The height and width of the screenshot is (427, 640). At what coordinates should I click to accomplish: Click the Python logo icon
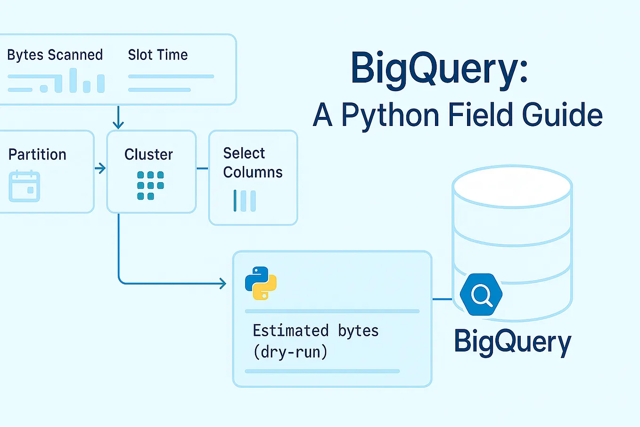261,283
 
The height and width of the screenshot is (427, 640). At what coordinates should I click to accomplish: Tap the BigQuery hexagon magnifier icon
481,295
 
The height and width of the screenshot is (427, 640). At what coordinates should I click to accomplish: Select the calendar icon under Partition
25,186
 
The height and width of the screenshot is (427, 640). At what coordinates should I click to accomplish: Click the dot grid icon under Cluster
150,185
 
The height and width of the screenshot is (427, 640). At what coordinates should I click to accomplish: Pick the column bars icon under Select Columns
245,201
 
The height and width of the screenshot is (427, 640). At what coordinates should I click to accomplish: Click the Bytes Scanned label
55,55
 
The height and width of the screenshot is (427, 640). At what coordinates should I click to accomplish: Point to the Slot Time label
158,55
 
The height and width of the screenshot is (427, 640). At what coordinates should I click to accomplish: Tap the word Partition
37,155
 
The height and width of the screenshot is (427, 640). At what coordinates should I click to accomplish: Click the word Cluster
148,155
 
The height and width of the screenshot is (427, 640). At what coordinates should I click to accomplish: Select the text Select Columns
253,163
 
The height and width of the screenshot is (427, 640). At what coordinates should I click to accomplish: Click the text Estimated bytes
316,331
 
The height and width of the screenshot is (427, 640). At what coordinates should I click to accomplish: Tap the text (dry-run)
290,352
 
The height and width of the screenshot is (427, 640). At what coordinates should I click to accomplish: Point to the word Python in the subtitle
390,115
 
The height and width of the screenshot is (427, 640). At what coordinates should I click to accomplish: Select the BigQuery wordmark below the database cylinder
512,342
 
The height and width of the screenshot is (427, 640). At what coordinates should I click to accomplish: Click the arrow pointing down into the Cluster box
118,118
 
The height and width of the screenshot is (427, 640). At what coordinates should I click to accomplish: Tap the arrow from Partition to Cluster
100,168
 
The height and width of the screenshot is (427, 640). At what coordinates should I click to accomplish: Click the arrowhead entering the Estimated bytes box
222,284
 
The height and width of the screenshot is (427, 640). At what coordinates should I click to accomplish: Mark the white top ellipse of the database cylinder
512,186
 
